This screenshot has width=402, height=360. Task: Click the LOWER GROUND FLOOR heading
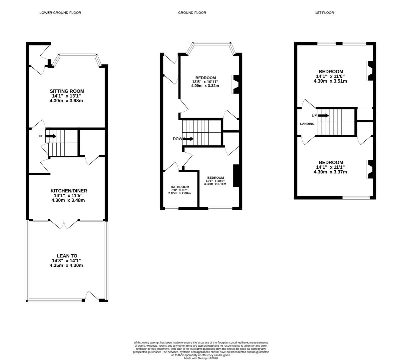coord(60,13)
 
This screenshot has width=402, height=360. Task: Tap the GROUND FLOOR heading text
coord(192,13)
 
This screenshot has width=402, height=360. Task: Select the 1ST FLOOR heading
coord(324,13)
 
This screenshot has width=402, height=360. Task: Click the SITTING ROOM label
coord(67,91)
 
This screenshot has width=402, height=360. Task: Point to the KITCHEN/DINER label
coord(69,191)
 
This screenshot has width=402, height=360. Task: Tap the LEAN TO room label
coord(67,256)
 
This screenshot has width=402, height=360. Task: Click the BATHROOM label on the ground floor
coord(180,187)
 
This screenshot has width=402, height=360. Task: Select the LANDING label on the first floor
coord(307,124)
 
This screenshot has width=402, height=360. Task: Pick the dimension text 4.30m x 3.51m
coord(331,81)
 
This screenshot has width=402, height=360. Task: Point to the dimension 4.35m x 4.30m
coord(66,265)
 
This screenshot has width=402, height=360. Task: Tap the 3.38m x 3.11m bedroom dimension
coord(215,184)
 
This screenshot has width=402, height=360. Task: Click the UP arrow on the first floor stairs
coord(323,116)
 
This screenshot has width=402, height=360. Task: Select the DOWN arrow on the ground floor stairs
coord(188,139)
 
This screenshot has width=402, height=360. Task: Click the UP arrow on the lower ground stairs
coord(51,136)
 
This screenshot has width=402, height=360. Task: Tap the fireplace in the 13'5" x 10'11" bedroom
coord(235,84)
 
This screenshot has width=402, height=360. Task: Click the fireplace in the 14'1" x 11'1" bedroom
coord(370,169)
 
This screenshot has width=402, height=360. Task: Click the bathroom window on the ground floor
coord(172,209)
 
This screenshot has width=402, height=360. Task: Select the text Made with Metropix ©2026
coord(201,358)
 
